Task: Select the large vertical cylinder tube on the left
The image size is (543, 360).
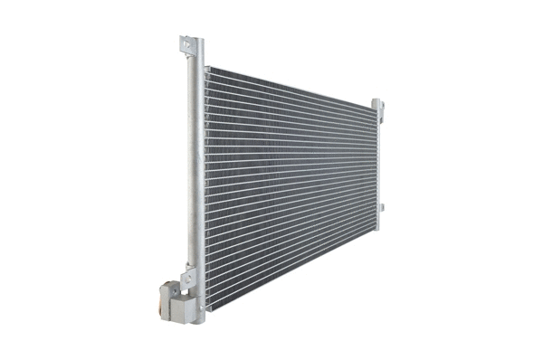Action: (195, 172)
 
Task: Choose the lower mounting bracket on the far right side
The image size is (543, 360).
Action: (381, 209)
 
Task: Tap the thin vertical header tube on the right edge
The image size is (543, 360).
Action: (376, 163)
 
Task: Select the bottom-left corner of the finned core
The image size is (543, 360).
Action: (207, 309)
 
